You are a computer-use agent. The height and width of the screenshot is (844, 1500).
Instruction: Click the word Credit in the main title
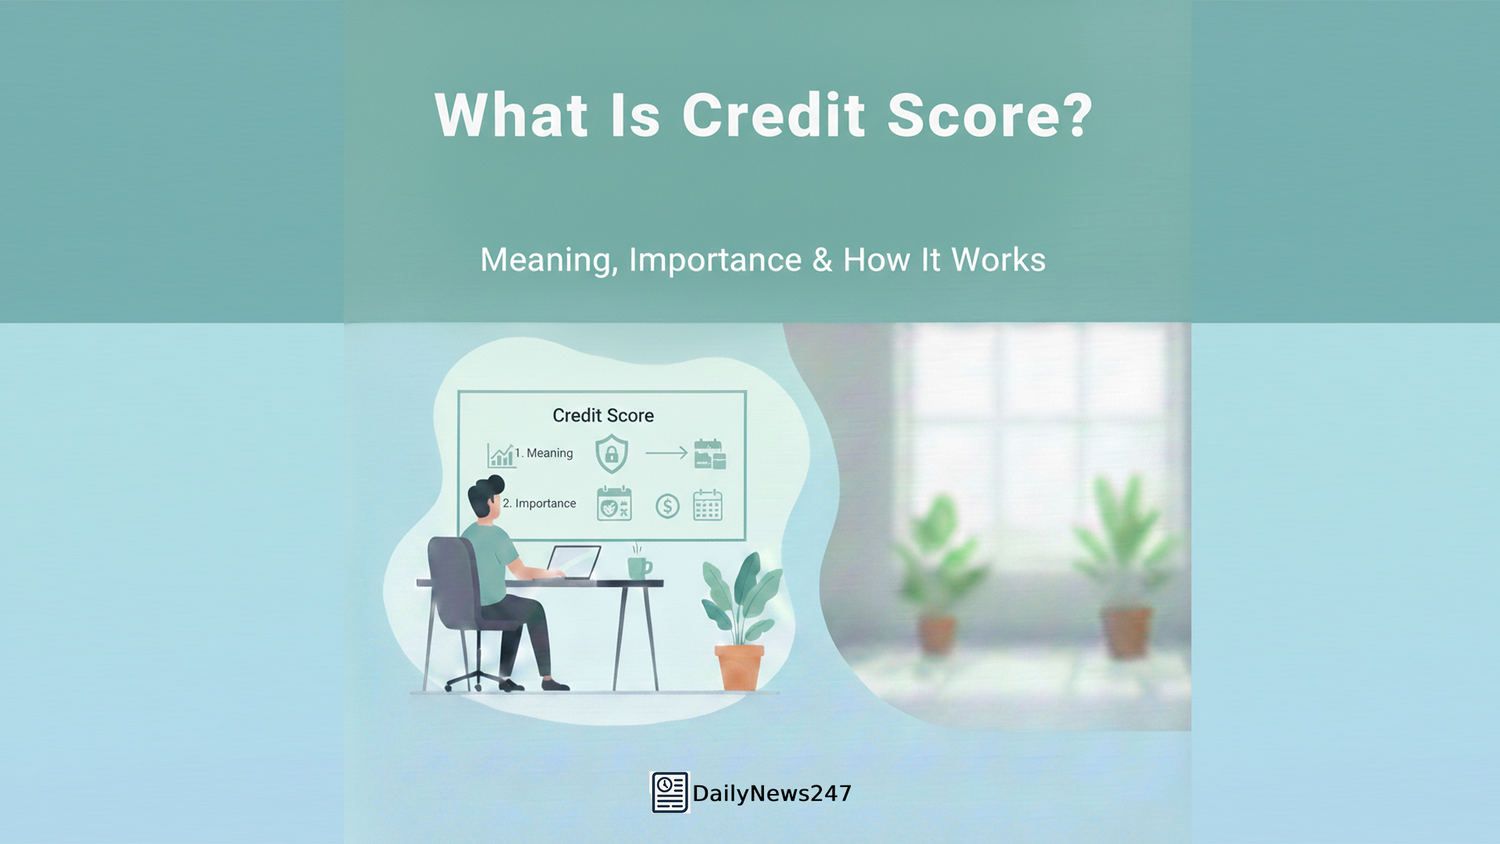click(x=773, y=116)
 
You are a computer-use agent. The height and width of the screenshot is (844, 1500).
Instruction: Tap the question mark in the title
click(x=1077, y=116)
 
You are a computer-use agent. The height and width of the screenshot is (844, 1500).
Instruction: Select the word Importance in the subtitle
click(x=715, y=260)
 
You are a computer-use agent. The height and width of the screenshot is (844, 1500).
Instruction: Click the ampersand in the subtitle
click(x=822, y=260)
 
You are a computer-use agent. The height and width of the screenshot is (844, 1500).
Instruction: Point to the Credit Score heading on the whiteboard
click(x=603, y=416)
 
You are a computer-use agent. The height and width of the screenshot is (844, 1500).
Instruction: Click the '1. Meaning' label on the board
click(x=544, y=453)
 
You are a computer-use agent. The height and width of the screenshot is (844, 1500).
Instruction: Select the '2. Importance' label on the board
click(x=539, y=504)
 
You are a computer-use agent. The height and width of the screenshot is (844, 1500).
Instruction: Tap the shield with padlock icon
click(x=612, y=454)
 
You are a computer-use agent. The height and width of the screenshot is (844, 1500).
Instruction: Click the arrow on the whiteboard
click(x=666, y=452)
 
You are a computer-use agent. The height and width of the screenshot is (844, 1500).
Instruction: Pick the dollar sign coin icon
click(x=667, y=506)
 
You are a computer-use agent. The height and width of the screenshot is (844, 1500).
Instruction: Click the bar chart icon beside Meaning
click(x=500, y=455)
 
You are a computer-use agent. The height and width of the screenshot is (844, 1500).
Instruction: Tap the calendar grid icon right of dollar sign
click(x=708, y=505)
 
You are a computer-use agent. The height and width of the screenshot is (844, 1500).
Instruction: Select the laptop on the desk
click(x=573, y=563)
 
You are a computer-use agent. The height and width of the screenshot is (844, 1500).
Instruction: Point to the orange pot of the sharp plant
click(x=739, y=667)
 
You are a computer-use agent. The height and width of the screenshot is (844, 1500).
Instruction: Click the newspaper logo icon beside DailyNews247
click(x=670, y=792)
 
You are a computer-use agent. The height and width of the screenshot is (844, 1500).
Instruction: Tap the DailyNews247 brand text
click(x=772, y=794)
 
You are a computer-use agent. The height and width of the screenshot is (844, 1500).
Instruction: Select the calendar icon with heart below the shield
click(x=614, y=504)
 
